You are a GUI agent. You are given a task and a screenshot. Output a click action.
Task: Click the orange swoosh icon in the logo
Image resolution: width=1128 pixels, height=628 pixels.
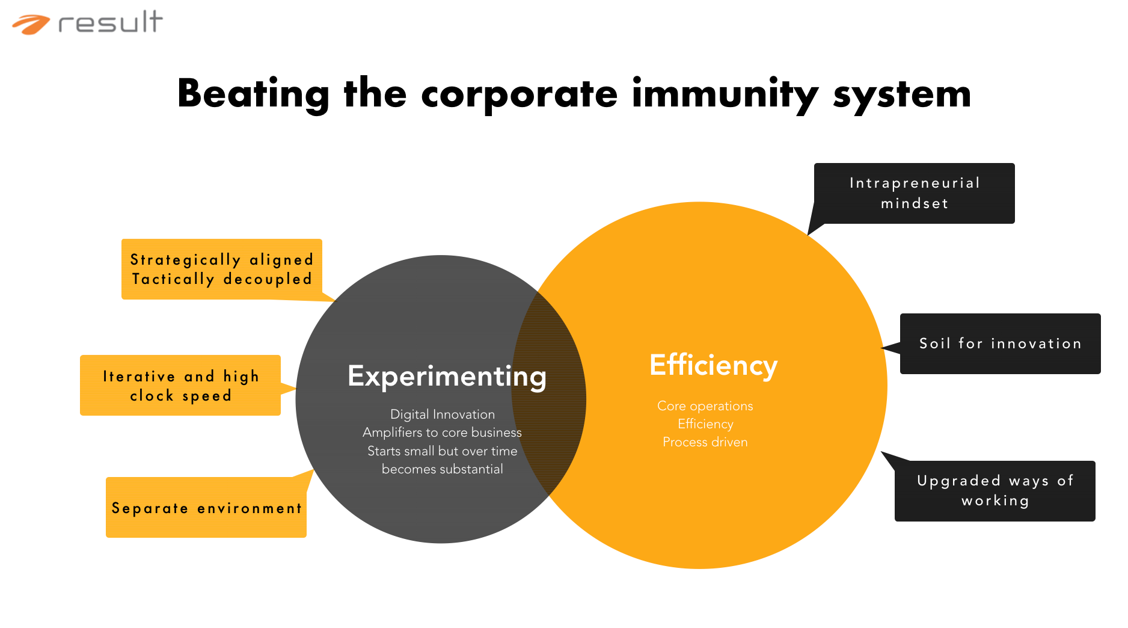(31, 25)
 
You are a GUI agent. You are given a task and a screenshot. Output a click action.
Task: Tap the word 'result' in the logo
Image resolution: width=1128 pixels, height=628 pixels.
(111, 22)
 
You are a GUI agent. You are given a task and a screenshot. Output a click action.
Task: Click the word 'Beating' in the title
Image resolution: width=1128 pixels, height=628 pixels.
(253, 94)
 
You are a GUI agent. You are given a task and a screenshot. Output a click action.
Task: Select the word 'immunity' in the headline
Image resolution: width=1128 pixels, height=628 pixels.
(725, 94)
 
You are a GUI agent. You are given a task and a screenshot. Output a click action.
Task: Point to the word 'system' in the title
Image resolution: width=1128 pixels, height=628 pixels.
(902, 95)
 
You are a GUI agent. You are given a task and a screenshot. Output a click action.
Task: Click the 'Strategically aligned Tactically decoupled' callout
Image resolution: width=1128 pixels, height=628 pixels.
(222, 269)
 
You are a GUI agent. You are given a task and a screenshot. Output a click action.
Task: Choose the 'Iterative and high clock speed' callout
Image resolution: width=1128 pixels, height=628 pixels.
(180, 386)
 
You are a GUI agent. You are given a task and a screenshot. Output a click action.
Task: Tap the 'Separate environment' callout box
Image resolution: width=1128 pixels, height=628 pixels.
(206, 508)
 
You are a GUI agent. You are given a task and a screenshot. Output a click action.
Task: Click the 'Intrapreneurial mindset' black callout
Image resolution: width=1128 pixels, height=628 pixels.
(914, 193)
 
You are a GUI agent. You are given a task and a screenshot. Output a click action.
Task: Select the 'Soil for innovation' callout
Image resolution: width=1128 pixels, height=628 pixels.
(1000, 343)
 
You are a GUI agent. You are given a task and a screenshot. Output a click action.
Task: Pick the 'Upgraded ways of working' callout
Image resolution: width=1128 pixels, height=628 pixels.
(995, 491)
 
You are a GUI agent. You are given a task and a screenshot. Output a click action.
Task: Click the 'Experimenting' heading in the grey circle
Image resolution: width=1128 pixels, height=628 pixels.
(447, 377)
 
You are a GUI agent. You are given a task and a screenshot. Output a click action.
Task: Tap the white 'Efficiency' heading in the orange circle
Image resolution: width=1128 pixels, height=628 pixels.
(713, 365)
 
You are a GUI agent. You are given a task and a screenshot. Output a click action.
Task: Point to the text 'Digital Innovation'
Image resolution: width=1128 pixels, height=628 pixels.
(443, 414)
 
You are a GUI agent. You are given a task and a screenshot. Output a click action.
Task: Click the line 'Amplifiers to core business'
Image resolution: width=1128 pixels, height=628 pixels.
(442, 433)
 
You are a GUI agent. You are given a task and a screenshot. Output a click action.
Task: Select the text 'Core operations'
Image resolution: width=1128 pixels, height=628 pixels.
(705, 406)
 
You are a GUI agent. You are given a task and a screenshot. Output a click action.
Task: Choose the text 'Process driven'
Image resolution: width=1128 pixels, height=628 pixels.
(705, 442)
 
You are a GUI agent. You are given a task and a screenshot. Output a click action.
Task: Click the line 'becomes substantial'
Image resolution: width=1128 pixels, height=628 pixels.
(442, 469)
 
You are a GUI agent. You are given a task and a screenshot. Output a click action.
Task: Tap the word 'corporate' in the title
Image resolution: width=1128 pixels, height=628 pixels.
(519, 94)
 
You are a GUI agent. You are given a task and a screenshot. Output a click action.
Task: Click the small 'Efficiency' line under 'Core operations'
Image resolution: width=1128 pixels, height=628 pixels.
(705, 424)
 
